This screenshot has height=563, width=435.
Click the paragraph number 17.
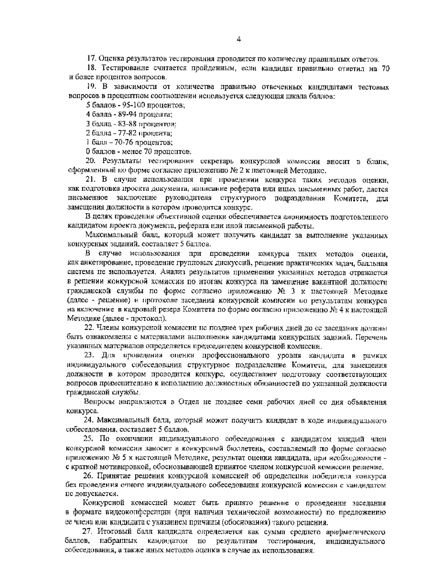91,59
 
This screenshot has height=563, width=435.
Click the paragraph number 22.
89,328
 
